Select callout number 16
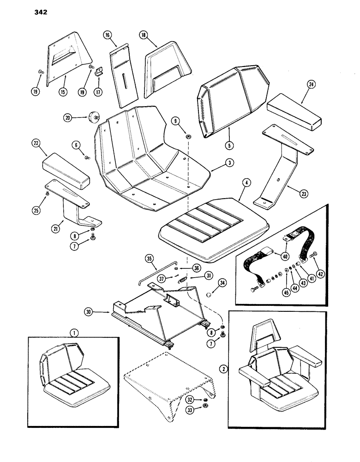pos(107,35)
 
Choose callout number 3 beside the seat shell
pos(215,163)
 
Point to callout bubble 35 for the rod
pos(149,258)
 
